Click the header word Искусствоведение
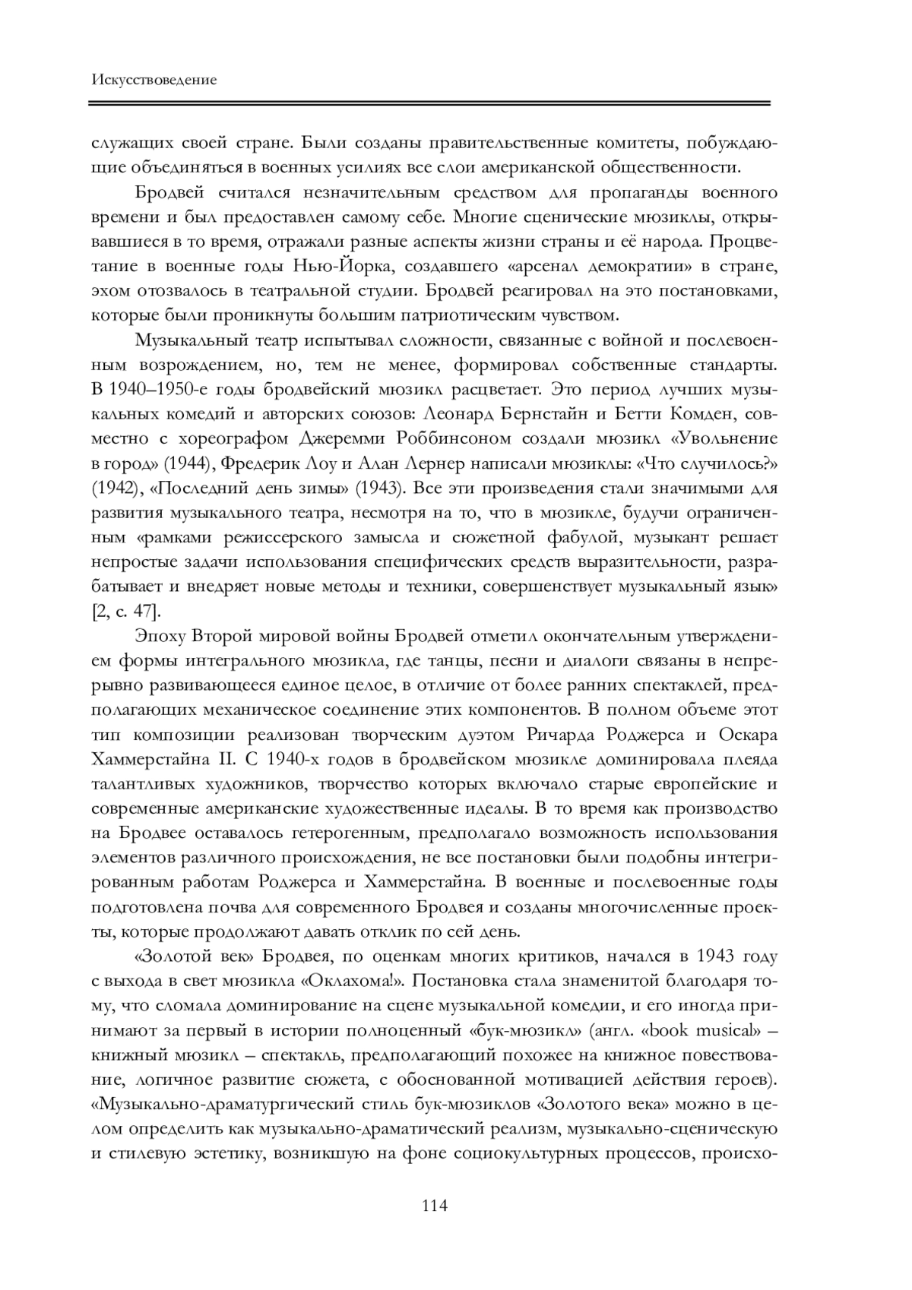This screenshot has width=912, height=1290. (x=154, y=80)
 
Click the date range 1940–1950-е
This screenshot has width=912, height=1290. (x=169, y=390)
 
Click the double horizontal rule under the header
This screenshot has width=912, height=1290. (x=431, y=103)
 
